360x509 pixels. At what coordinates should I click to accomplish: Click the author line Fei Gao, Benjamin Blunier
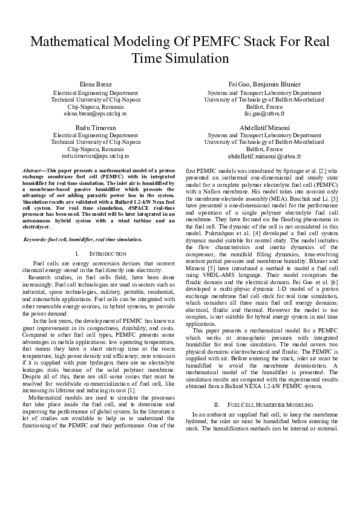pos(264,83)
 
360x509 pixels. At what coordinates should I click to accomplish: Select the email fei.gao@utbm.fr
pos(264,113)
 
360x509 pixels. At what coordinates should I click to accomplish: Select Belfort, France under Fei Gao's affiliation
pos(264,106)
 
